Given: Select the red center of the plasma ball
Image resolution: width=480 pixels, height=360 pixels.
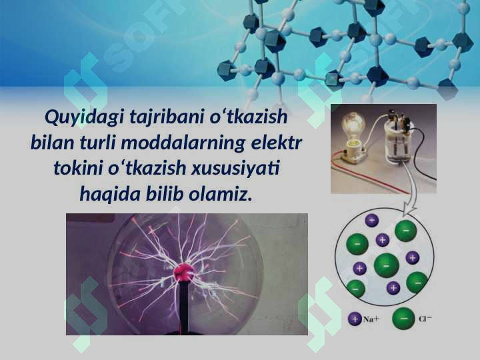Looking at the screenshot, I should point(183,271).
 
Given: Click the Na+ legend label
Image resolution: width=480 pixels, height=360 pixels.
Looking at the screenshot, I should point(371,319).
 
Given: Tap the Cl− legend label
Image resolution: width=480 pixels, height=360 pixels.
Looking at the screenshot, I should point(425,319).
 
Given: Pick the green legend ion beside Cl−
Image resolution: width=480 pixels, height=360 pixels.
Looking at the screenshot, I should point(403,319).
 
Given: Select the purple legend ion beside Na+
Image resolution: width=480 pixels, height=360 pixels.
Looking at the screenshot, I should point(355,319).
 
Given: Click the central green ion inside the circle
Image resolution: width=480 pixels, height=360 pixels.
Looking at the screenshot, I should point(386,265).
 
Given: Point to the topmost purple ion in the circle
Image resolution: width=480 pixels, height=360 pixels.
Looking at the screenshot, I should point(371,220).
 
